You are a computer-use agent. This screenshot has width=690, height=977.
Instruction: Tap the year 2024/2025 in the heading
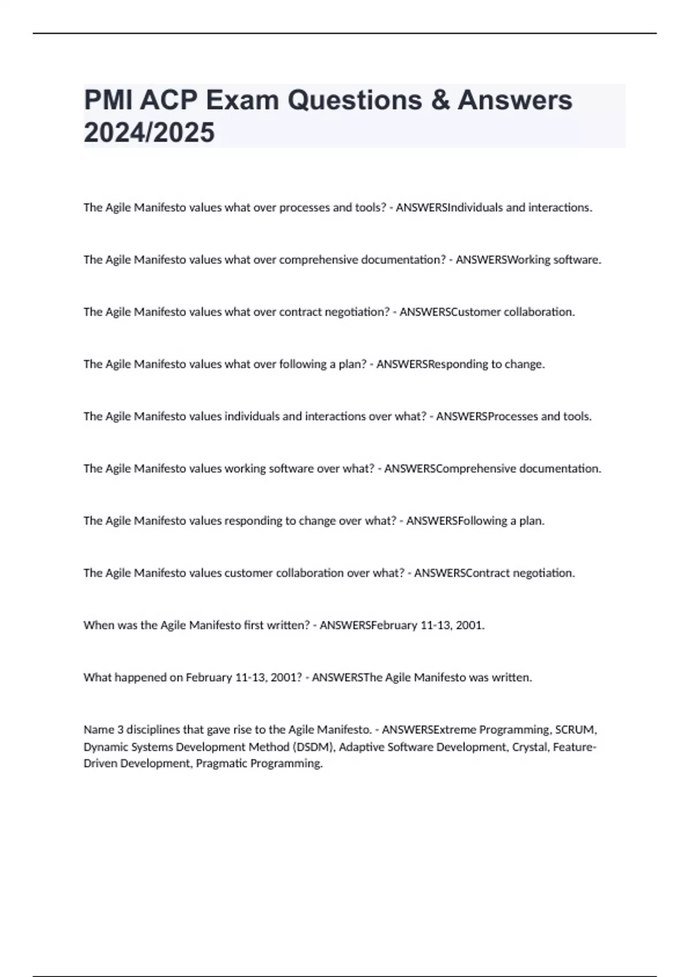149,133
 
